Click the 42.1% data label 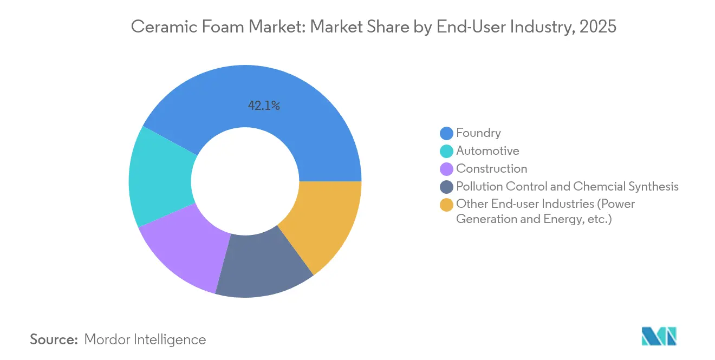click(x=264, y=106)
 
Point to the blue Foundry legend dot click(x=446, y=133)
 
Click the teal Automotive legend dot click(x=446, y=151)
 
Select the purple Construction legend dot click(x=446, y=169)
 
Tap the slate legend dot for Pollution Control click(x=446, y=187)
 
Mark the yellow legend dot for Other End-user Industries click(x=446, y=205)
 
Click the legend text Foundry click(x=478, y=133)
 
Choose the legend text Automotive click(x=487, y=151)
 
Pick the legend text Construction click(x=491, y=169)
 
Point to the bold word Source click(x=54, y=339)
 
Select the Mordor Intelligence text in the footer click(x=145, y=339)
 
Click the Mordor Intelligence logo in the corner click(x=659, y=336)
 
